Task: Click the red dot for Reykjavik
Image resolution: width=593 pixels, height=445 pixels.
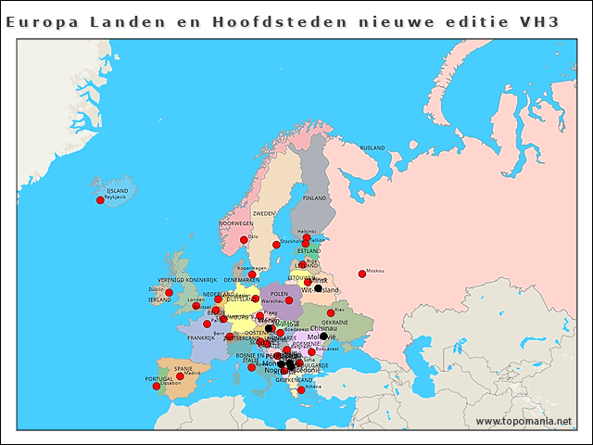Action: (x=100, y=200)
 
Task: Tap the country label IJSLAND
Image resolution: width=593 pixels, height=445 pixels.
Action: (x=117, y=190)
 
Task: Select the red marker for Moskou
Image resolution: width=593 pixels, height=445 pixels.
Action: (x=362, y=273)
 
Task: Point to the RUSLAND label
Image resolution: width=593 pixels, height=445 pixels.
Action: (x=372, y=147)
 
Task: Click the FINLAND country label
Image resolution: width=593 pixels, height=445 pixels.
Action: (x=315, y=197)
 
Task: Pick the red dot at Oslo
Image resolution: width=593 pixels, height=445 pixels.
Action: (x=244, y=240)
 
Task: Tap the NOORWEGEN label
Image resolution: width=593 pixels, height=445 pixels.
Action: (x=235, y=223)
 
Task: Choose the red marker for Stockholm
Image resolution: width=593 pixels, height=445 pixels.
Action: (x=275, y=245)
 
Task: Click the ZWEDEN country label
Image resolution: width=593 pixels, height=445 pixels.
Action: (x=263, y=212)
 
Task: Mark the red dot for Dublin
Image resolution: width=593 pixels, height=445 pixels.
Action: (x=169, y=293)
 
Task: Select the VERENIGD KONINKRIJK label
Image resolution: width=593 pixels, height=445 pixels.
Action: (x=186, y=279)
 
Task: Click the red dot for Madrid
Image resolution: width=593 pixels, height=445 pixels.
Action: (x=180, y=376)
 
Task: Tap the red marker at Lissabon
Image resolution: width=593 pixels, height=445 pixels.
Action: (x=156, y=387)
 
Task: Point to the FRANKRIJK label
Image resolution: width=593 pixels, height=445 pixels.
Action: (x=200, y=337)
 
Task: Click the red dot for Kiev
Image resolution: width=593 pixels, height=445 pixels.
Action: (x=331, y=313)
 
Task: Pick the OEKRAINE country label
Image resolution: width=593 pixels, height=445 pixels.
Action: (x=334, y=323)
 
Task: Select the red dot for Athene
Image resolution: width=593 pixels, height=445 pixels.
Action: (x=300, y=390)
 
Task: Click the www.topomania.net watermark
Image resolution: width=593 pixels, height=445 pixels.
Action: (x=524, y=421)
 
